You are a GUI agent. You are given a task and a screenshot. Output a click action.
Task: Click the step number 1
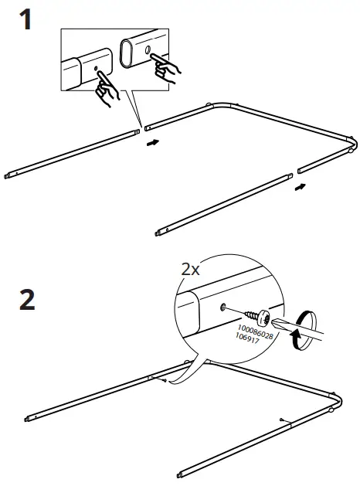pyautogui.click(x=25, y=19)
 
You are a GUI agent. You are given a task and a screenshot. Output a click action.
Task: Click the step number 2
pyautogui.click(x=25, y=300)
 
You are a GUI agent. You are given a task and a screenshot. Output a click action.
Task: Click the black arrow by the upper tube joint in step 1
pyautogui.click(x=155, y=143)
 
